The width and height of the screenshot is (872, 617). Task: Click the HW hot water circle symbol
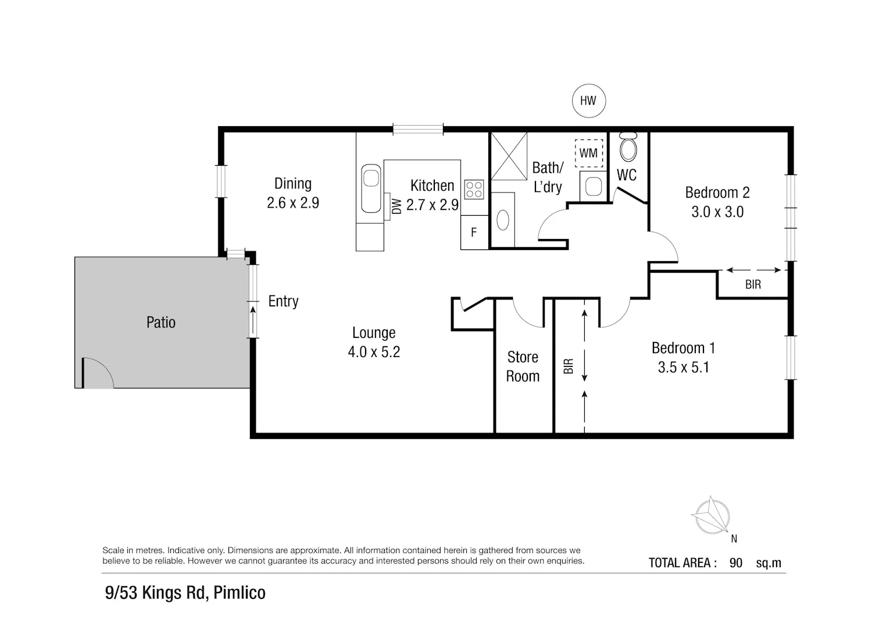588,101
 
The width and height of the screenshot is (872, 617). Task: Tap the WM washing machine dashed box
588,153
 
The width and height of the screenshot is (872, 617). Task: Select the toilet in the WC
628,147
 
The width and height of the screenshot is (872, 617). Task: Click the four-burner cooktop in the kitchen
474,190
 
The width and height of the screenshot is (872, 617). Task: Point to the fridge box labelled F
474,233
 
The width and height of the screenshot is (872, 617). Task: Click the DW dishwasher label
396,206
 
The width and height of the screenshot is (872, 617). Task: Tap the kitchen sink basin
371,188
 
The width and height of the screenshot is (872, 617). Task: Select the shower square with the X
509,156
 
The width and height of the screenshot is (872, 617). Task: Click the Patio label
161,323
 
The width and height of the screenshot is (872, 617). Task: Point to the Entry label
284,301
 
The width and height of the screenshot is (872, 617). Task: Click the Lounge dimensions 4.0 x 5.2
374,352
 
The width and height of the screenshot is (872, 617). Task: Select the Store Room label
523,366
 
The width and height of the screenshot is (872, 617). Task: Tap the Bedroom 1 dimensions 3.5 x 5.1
684,368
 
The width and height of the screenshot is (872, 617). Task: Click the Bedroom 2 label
717,192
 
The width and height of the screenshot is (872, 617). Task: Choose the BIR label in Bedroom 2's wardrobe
753,285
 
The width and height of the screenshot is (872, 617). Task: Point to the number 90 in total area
736,563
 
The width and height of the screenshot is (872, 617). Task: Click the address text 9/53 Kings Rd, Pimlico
185,593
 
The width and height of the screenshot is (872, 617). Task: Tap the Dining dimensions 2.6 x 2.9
293,203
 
